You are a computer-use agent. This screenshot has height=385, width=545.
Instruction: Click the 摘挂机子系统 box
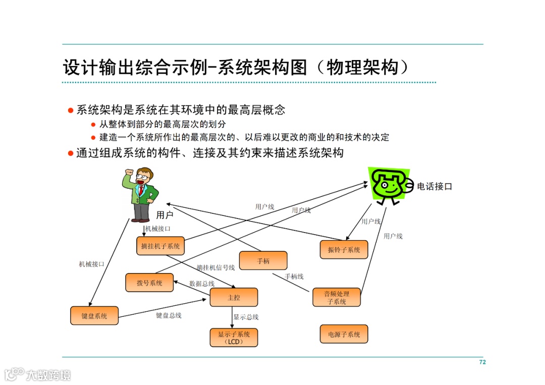pyautogui.click(x=160, y=246)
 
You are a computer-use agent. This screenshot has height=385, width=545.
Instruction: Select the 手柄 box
pyautogui.click(x=263, y=261)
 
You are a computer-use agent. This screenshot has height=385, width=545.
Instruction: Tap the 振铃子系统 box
pyautogui.click(x=344, y=249)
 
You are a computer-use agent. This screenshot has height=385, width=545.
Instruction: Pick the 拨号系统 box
pyautogui.click(x=149, y=283)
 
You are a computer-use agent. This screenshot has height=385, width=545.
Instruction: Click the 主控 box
pyautogui.click(x=234, y=297)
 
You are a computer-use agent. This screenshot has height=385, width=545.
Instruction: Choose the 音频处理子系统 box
pyautogui.click(x=336, y=297)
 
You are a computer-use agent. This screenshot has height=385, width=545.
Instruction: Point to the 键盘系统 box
pyautogui.click(x=94, y=315)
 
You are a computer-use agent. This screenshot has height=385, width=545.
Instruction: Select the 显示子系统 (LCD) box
pyautogui.click(x=234, y=338)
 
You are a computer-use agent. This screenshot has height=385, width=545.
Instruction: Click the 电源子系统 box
pyautogui.click(x=344, y=334)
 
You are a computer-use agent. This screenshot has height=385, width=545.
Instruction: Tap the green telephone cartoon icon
pyautogui.click(x=388, y=185)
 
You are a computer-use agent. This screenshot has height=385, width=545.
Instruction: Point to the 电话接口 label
pyautogui.click(x=434, y=186)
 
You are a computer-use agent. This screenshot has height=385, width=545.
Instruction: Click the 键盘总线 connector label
pyautogui.click(x=169, y=315)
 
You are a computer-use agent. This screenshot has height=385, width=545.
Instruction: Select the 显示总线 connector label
pyautogui.click(x=246, y=317)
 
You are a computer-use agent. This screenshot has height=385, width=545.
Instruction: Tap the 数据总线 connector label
pyautogui.click(x=202, y=284)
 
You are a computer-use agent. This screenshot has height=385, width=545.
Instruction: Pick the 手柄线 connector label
pyautogui.click(x=294, y=276)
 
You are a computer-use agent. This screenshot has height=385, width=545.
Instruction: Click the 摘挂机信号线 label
pyautogui.click(x=215, y=267)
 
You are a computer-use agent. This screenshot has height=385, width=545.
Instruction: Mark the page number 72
pyautogui.click(x=482, y=362)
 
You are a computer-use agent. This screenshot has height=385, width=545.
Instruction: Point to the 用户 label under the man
pyautogui.click(x=165, y=215)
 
